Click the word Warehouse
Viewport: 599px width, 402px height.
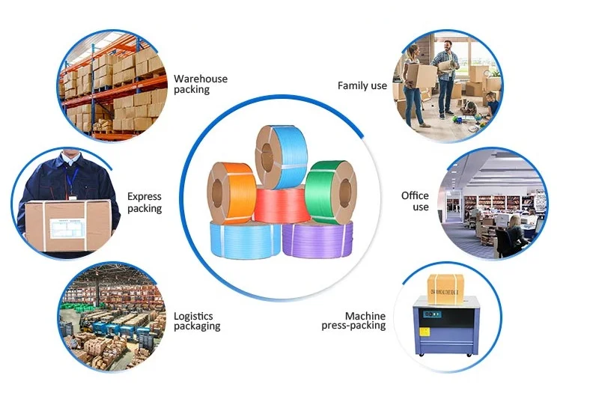tap(201, 79)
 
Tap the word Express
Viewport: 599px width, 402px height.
tap(145, 197)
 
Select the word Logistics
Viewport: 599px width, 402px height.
tap(194, 316)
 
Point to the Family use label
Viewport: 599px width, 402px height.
tap(362, 86)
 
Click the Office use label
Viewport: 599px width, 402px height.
tap(415, 201)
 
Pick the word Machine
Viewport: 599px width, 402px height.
tap(365, 316)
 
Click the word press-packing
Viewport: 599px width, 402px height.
tap(354, 326)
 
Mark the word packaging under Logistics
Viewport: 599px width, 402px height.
tap(197, 326)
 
